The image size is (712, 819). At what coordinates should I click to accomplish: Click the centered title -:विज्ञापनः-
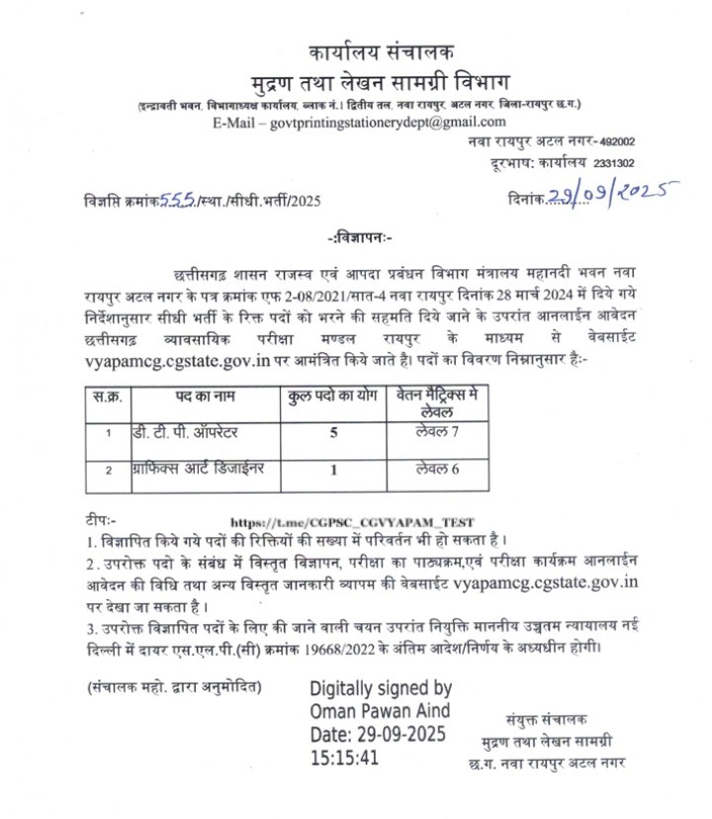click(358, 238)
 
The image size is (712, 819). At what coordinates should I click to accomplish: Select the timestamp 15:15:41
click(345, 759)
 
